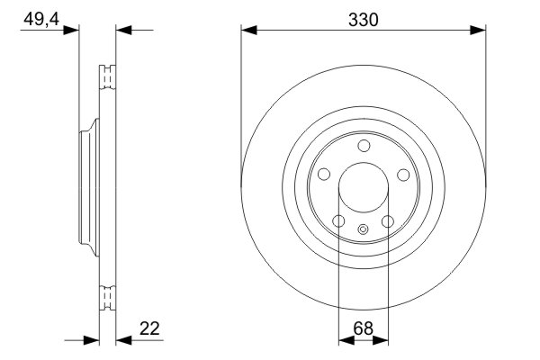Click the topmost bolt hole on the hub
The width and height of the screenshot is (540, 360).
coord(363,147)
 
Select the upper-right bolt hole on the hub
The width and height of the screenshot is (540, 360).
coord(403,175)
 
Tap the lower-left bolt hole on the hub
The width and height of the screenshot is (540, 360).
coord(337,221)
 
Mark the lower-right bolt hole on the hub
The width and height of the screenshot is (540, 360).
coord(388,221)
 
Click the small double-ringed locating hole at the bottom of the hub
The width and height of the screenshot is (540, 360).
coord(363,229)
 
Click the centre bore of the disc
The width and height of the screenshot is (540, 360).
coord(363,189)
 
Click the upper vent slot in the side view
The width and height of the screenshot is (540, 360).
coord(107,76)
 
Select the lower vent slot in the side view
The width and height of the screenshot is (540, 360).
coord(107,296)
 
